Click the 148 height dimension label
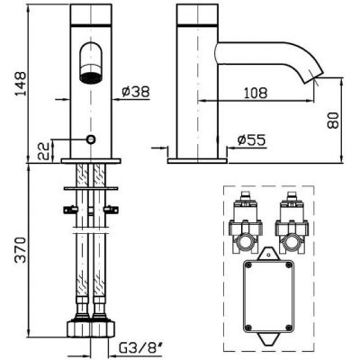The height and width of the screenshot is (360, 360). point(21,84)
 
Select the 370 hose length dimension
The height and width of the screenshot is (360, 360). point(21,250)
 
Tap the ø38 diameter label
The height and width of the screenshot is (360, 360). point(136,91)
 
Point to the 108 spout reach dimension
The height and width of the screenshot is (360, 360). point(255,93)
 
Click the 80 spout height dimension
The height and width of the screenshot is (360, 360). point(332,121)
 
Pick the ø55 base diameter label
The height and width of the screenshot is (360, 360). point(251,139)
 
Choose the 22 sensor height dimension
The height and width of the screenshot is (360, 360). point(43,151)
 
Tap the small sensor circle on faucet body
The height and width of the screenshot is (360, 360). point(91,139)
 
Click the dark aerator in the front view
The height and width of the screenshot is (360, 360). point(91,77)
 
